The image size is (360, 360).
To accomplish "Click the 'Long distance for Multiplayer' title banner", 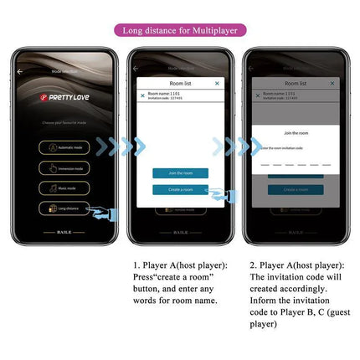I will click(180, 31).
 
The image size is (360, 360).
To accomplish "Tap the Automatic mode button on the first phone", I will click(64, 147).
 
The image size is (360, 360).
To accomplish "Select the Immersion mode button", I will click(64, 167).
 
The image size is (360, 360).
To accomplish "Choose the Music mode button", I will click(64, 188).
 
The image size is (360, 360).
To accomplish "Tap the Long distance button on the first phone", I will click(64, 208).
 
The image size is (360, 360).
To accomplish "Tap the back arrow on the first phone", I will click(20, 72).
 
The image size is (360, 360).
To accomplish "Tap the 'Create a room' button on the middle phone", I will click(180, 190).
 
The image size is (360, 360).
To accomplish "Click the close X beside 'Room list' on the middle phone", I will click(217, 84).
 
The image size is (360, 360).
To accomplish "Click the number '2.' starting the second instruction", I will click(253, 265).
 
